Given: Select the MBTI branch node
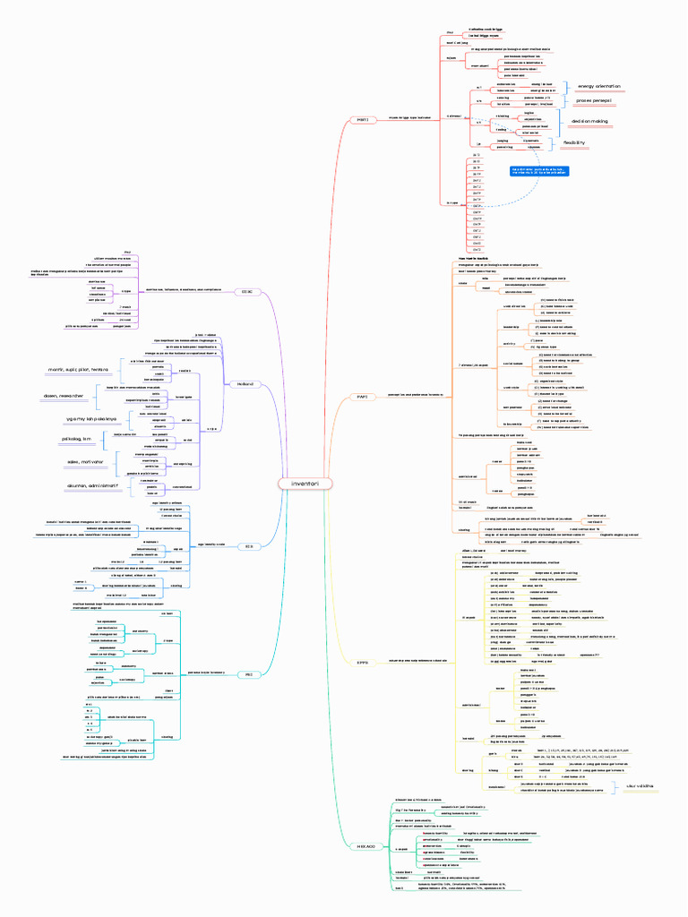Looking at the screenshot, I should coord(363,117).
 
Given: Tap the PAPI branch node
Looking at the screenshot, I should coord(363,396).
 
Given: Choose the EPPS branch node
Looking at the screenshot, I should coord(363,663).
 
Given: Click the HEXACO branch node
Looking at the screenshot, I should coord(365,846).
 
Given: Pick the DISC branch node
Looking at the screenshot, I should coord(246,291).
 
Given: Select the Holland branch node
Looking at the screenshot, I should coord(245,384).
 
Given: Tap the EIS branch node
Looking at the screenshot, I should coord(249,544).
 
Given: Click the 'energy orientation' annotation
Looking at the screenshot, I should coord(598,86).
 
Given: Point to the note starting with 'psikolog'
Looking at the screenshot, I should coord(73,440).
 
